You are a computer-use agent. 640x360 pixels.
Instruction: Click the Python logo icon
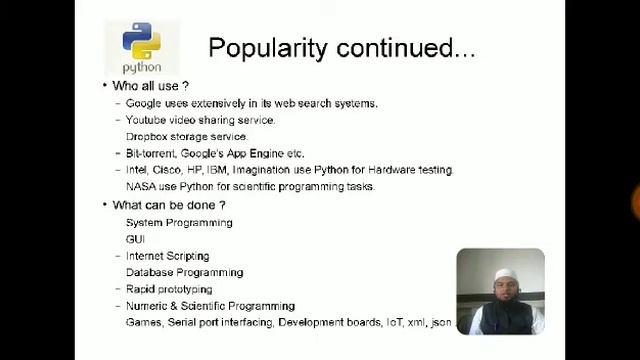pos(142,41)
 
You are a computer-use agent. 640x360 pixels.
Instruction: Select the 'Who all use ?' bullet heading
pos(150,86)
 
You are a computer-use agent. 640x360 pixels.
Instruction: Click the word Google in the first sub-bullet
pos(143,103)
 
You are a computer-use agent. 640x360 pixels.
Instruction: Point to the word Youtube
pos(146,120)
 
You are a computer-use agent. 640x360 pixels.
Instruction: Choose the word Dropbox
pos(147,136)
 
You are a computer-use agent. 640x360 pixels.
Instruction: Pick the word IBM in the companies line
pos(217,170)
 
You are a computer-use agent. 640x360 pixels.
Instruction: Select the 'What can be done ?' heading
pos(168,205)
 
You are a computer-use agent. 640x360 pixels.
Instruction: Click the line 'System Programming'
pos(179,222)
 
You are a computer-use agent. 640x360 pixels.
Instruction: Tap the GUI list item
pos(135,239)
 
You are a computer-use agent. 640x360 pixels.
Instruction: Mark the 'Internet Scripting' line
pos(167,256)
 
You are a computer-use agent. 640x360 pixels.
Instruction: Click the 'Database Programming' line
pos(184,272)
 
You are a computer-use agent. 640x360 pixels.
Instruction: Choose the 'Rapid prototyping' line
pos(169,289)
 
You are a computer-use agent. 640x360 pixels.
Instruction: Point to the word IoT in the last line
pos(396,323)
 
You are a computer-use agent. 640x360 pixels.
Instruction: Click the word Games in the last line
pos(142,323)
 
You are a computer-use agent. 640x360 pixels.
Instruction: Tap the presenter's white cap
pos(499,270)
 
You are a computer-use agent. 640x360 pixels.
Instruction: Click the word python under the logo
pos(142,67)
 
